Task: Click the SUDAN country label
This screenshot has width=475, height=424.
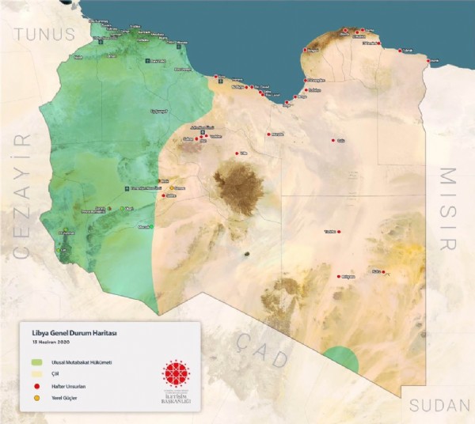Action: tap(440, 406)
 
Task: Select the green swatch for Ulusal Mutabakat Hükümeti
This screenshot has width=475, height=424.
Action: tap(36, 360)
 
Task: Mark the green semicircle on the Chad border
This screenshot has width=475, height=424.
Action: tap(341, 362)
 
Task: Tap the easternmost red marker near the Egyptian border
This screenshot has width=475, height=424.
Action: tap(428, 61)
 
